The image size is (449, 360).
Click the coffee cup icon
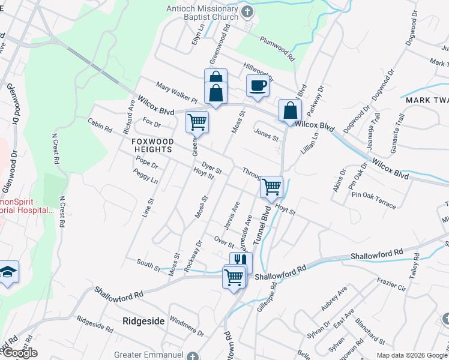258,86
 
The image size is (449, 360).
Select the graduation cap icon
8,272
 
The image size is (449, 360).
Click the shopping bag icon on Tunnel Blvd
290,111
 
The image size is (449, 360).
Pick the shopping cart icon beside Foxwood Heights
197,122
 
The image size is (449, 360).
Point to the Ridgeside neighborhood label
143,321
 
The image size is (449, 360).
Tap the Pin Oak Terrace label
374,200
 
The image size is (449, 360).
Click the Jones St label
267,135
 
